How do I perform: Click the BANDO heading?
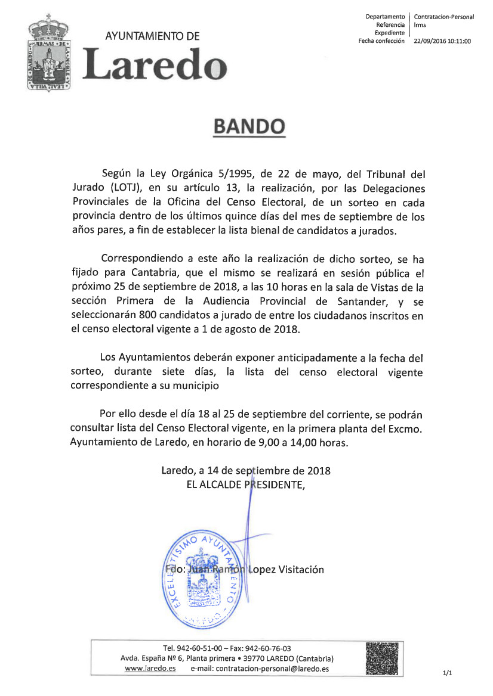(x=249, y=126)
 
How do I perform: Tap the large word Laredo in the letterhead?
(x=155, y=64)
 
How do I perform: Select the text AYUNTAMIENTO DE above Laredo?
(x=152, y=36)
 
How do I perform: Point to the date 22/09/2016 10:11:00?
(x=442, y=41)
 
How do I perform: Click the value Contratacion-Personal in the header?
(x=443, y=17)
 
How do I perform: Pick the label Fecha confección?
(x=381, y=41)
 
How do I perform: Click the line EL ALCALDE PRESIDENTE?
(x=246, y=484)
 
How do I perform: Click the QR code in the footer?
(x=382, y=658)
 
